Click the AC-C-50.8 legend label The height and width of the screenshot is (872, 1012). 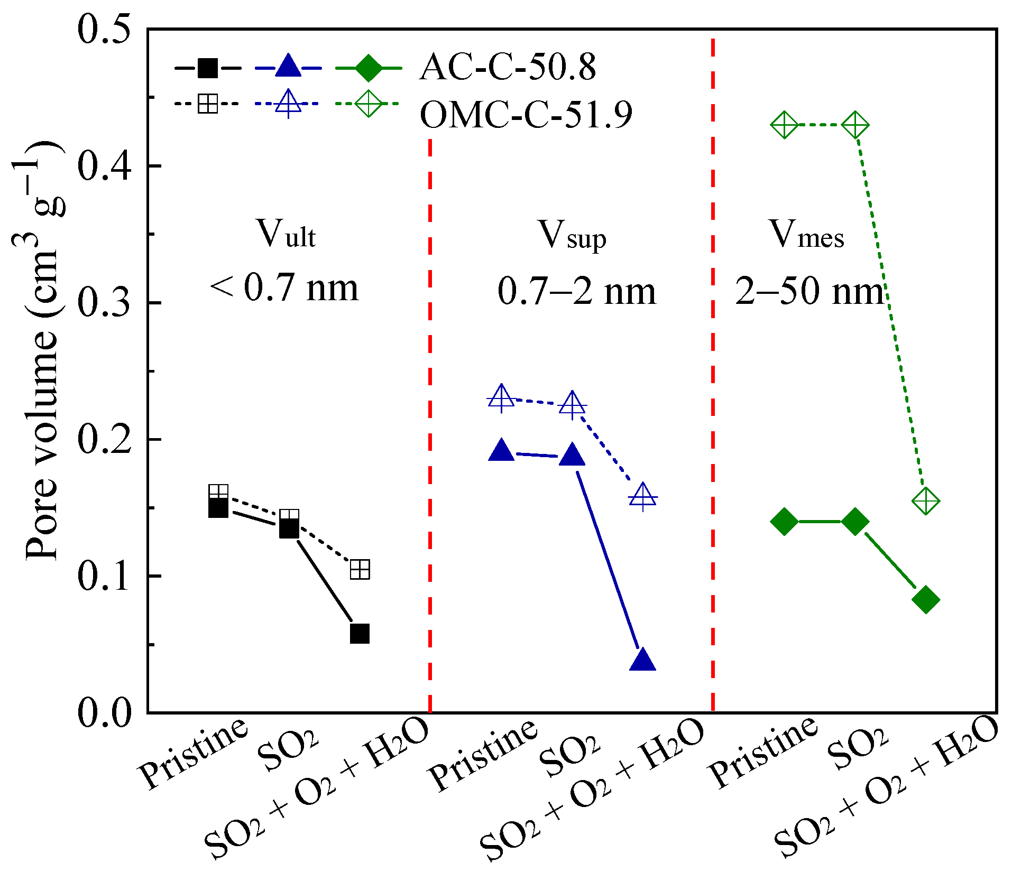[x=508, y=68]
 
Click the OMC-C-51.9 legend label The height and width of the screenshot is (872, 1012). [x=526, y=115]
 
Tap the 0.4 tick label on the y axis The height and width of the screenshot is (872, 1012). [x=105, y=165]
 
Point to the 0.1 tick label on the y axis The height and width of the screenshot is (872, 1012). [x=105, y=576]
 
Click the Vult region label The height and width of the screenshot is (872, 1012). [x=286, y=234]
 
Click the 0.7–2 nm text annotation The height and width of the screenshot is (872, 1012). [x=576, y=291]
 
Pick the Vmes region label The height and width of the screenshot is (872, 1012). [x=806, y=234]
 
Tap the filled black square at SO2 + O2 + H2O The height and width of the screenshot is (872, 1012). [x=360, y=633]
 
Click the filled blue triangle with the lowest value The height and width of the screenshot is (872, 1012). [x=642, y=660]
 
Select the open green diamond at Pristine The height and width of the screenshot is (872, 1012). [x=784, y=126]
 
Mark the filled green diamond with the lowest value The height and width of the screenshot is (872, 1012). [x=926, y=599]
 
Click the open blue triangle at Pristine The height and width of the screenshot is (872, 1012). [x=501, y=398]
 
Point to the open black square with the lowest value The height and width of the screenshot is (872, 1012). [x=360, y=570]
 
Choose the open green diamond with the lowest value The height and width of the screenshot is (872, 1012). [x=926, y=500]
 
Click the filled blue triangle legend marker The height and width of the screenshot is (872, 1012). [x=288, y=67]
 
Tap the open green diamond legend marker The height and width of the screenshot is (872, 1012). [x=368, y=104]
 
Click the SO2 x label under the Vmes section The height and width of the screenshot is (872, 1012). [x=857, y=749]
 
